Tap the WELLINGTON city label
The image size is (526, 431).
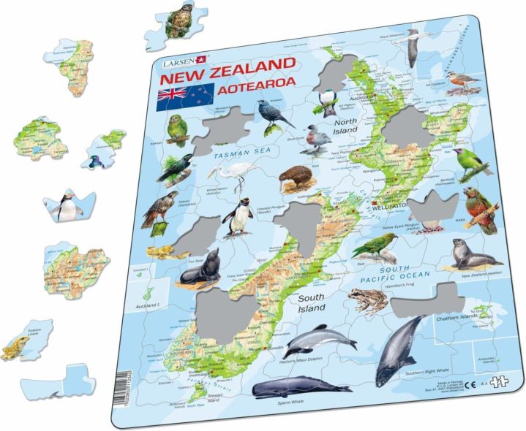(x=394, y=207)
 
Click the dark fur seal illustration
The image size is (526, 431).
(x=203, y=267)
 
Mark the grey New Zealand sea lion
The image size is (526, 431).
(x=469, y=253)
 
